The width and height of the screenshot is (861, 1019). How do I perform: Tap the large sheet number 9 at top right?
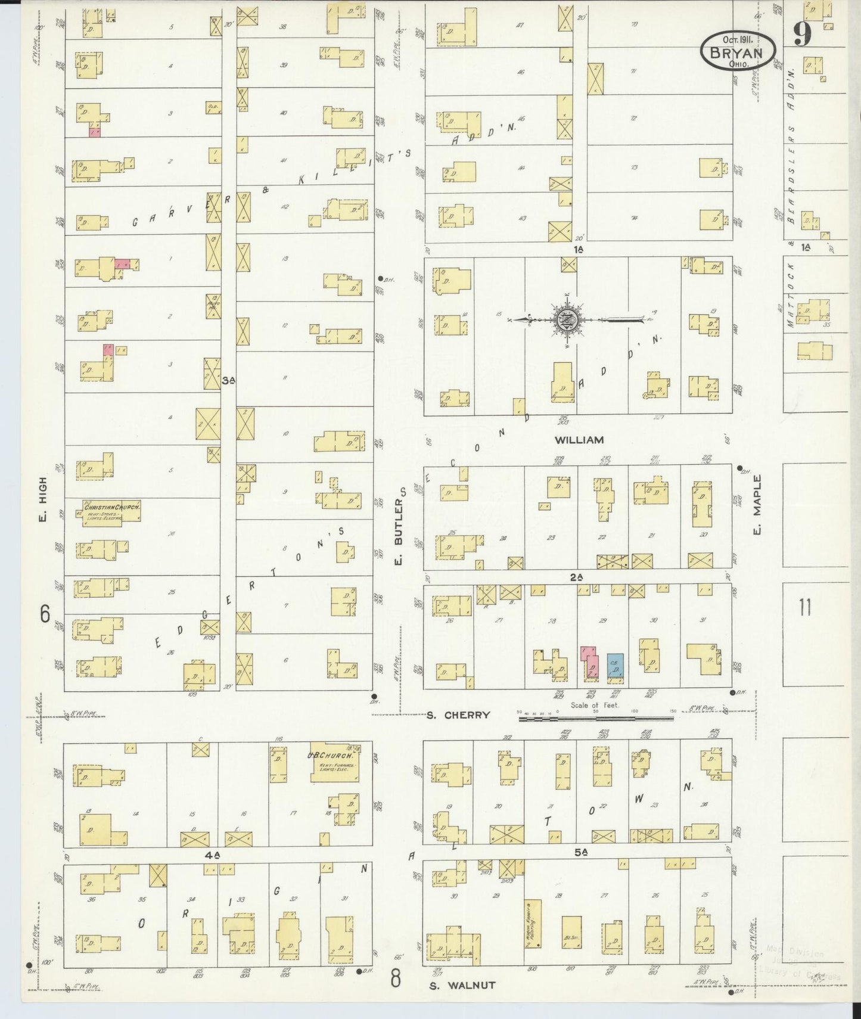point(803,36)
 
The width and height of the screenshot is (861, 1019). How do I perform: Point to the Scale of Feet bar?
point(596,718)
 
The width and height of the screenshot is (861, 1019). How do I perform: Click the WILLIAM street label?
point(579,440)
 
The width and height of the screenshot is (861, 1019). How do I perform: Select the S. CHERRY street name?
point(458,714)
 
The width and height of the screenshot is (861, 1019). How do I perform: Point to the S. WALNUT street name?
point(462,986)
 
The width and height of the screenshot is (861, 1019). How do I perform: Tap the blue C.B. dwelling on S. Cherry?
point(616,666)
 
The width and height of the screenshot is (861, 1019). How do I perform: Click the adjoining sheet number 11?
point(805,608)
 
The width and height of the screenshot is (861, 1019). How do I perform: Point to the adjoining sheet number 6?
point(45,614)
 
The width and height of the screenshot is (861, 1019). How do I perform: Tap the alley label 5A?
point(582,852)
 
